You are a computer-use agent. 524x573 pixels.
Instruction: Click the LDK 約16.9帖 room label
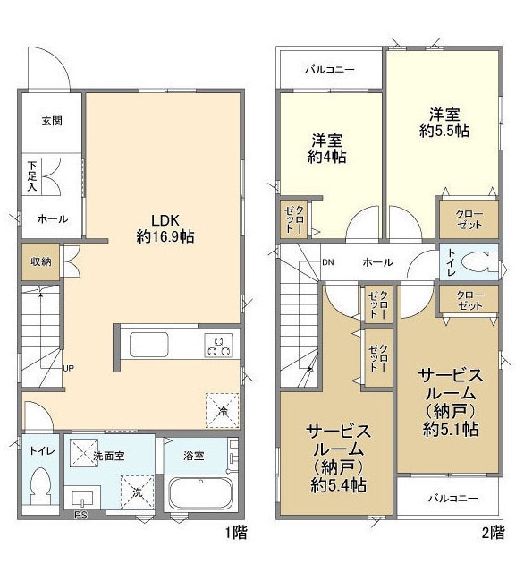coord(165,229)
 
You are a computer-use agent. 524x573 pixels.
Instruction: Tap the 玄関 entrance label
coord(52,121)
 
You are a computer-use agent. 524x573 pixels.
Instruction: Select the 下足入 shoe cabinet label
coord(32,176)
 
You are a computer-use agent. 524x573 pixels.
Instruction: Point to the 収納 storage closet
coord(40,261)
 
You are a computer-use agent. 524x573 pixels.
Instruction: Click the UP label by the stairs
coord(69,368)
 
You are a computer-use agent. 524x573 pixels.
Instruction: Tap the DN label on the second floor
coord(327,262)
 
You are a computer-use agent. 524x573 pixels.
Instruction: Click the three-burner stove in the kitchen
coord(218,346)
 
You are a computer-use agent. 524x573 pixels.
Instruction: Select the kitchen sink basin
coord(149,344)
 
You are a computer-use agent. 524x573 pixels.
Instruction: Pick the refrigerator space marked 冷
coord(223,410)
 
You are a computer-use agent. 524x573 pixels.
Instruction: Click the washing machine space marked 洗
coord(138,492)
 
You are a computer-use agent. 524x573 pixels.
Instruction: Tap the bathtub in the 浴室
coord(200,493)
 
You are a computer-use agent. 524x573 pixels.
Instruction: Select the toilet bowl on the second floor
coord(479,262)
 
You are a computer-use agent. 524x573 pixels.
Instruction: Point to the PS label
coord(80,516)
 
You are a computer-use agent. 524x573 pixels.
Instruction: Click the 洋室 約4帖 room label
coord(326,149)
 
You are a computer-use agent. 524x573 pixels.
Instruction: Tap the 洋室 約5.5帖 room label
coord(444,123)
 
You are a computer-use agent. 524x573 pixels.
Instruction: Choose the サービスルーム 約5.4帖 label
coord(338,458)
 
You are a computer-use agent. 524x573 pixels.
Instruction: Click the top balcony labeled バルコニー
coord(330,69)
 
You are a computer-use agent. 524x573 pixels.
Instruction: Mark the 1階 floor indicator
coord(236,533)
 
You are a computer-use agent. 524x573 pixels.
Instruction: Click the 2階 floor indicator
coord(494,533)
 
